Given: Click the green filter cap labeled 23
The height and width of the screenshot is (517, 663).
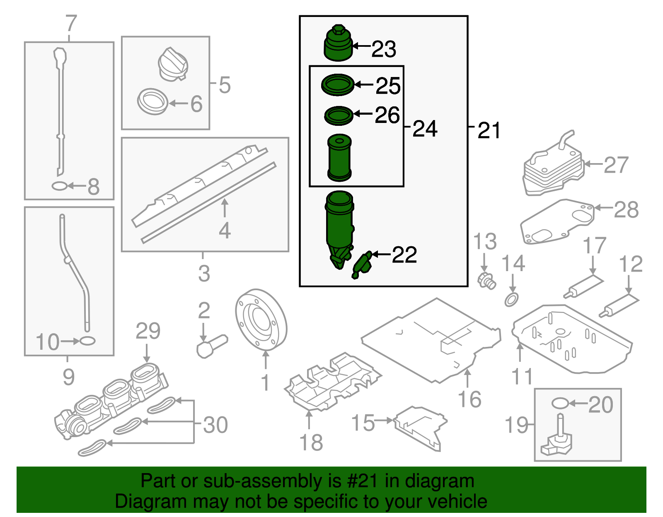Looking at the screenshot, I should [337, 44].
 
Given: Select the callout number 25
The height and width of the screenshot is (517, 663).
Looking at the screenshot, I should [388, 86].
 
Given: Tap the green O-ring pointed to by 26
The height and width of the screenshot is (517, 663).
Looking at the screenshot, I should [339, 115].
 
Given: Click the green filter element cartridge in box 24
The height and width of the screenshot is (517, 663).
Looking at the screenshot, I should [339, 158].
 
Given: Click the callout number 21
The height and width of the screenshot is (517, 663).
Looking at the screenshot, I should [489, 130].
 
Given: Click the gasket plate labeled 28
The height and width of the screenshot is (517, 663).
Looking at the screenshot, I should [557, 222].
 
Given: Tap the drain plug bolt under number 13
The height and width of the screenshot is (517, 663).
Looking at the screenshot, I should [486, 281].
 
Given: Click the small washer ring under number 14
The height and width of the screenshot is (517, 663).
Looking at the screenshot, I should [511, 299].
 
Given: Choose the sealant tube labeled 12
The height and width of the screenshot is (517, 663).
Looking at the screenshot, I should [619, 306].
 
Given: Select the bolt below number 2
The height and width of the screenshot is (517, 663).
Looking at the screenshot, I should [211, 346].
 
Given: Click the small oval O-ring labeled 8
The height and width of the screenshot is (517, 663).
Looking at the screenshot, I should [59, 186].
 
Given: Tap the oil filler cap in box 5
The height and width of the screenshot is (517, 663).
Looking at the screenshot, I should [173, 65].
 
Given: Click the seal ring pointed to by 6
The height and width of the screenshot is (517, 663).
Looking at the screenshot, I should [152, 101].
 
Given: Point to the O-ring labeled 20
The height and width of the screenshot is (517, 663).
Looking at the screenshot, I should [559, 403].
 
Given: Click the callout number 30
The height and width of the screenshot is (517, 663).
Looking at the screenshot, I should [215, 425].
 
